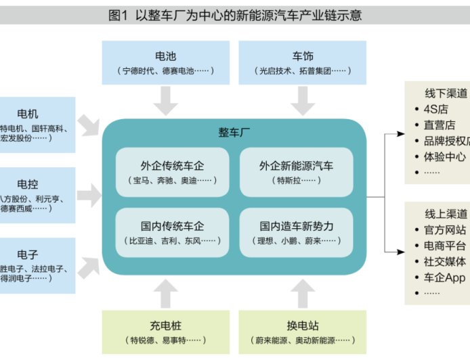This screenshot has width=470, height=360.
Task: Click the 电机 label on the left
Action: [28, 113]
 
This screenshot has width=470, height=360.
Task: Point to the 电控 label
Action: [28, 183]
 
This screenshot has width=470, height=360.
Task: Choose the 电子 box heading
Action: [28, 254]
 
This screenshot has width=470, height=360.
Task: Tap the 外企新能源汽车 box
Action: [296, 172]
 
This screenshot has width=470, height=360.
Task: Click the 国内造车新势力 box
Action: [296, 232]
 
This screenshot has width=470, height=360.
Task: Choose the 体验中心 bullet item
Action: [444, 157]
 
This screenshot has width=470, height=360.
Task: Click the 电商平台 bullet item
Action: [444, 246]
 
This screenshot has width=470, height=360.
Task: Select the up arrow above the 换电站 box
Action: [303, 293]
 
